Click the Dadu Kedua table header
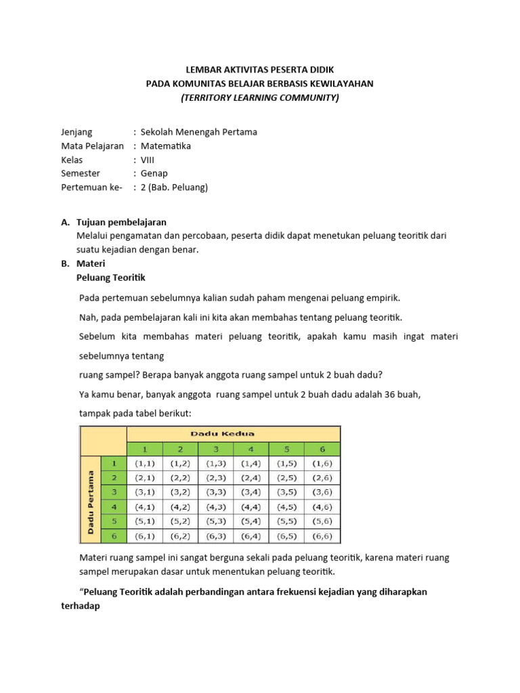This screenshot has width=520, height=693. point(233,434)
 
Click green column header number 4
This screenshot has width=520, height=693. point(251,449)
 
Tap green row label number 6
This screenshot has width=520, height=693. point(114,536)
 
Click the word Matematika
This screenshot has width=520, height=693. point(165,146)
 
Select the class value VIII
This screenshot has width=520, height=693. point(148,160)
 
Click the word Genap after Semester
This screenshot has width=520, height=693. point(154,173)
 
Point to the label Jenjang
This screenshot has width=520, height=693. point(77,132)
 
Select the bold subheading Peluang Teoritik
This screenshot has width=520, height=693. point(111,277)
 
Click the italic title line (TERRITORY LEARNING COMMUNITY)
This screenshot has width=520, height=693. point(260,97)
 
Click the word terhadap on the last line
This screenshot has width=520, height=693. point(80,606)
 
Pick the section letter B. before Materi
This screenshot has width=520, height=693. point(65,263)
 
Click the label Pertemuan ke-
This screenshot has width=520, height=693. point(91,187)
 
